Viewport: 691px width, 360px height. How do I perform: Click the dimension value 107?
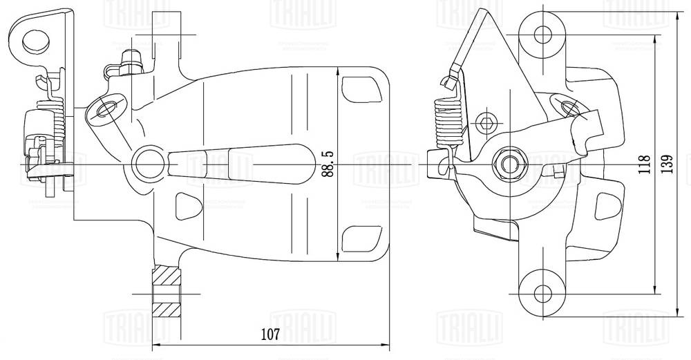tap(270, 335)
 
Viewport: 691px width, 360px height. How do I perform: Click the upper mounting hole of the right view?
tap(541, 32)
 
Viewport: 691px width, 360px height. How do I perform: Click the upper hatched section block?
tap(166, 279)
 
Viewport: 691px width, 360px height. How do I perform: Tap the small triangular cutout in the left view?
tap(186, 205)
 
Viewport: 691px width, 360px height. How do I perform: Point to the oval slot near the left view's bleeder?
tap(107, 109)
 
